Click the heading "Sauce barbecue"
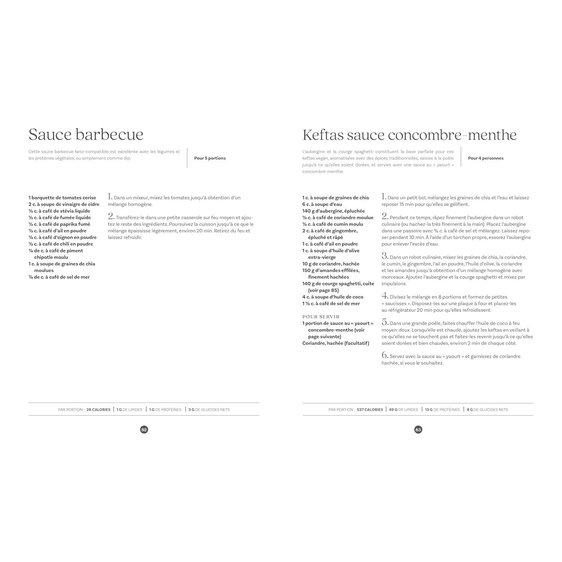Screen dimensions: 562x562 tap(86, 135)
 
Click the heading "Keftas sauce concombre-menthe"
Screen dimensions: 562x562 tap(409, 135)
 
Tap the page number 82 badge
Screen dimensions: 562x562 tap(144, 430)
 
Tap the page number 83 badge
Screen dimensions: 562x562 tap(418, 430)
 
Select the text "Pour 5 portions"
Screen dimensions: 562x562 tap(210, 158)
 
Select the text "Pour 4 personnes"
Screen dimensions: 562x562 tap(486, 158)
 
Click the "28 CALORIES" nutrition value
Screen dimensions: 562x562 tap(98, 410)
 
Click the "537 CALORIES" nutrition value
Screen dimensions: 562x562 tap(369, 410)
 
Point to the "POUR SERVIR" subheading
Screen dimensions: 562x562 tap(321, 317)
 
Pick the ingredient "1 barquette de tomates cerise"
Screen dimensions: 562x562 tap(62, 197)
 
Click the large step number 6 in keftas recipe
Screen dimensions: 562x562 tap(384, 355)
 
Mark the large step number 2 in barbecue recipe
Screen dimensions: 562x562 tap(111, 216)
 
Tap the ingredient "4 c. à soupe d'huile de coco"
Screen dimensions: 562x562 tap(333, 297)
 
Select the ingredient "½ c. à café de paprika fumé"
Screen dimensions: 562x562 tap(59, 224)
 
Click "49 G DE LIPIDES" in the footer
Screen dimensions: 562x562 tap(403, 410)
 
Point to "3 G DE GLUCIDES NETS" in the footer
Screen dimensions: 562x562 tap(209, 410)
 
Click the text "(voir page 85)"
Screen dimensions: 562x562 tap(323, 290)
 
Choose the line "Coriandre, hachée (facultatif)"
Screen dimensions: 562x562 tap(336, 343)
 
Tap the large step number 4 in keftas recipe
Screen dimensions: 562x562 tap(384, 296)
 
